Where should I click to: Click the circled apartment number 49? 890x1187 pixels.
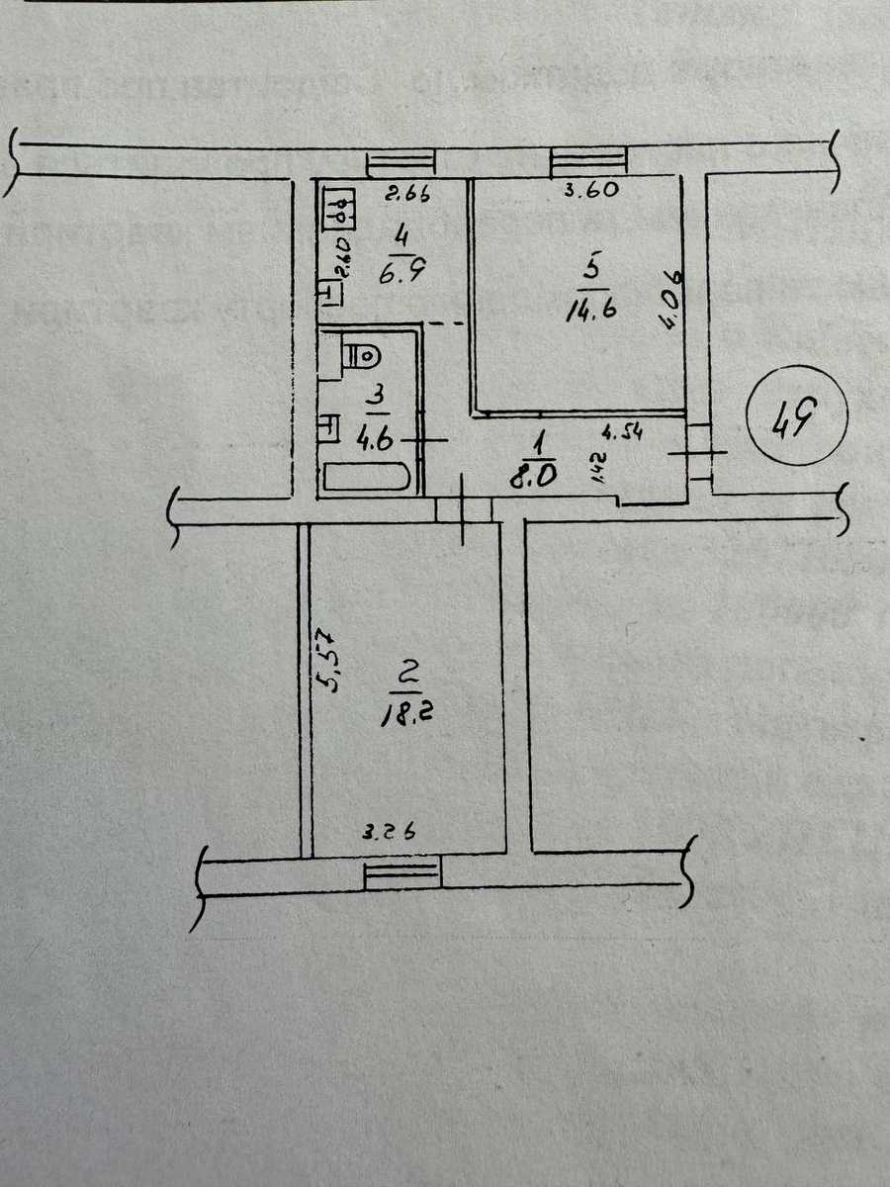tap(796, 414)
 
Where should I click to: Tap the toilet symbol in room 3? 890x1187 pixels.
tap(364, 356)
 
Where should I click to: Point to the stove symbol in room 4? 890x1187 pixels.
tap(339, 208)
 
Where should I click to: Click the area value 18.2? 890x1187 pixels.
tap(408, 715)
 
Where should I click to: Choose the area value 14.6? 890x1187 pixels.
tap(591, 310)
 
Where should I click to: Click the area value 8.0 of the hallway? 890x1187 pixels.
tap(532, 477)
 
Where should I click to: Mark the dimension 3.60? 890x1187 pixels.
tap(590, 189)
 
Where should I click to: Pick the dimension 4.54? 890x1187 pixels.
tap(623, 431)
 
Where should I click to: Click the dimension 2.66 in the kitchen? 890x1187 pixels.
tap(407, 194)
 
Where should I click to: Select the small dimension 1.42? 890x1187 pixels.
tap(600, 468)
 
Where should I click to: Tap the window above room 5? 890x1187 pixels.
tap(588, 160)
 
